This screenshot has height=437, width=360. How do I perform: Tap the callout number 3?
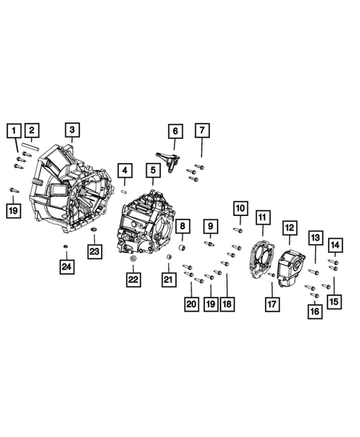click(x=71, y=131)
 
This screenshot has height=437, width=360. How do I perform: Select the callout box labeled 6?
click(x=175, y=132)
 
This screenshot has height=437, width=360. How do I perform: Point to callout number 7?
click(x=201, y=132)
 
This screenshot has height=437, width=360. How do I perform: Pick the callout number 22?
click(x=133, y=279)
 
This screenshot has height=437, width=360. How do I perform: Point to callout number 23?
click(x=95, y=252)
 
